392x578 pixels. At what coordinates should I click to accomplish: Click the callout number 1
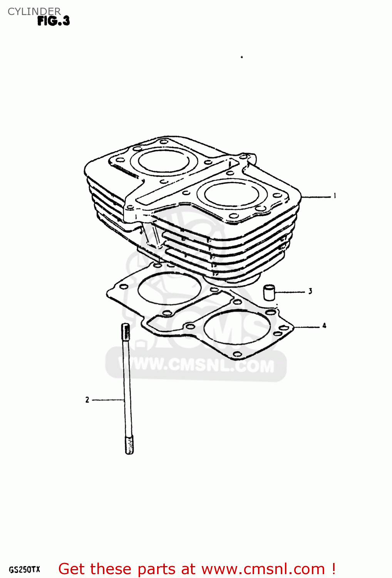tap(335, 196)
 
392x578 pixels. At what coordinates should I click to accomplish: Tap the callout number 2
tap(87, 400)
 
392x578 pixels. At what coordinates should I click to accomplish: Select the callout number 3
tap(310, 291)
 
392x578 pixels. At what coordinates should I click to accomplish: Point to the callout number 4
tap(324, 326)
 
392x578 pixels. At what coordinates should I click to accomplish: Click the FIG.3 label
tap(54, 21)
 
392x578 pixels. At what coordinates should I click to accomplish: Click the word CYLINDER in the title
tap(34, 11)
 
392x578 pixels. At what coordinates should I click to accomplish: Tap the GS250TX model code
tap(24, 570)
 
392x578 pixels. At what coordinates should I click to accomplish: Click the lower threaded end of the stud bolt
tap(129, 445)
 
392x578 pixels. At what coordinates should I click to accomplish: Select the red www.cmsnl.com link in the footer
tap(263, 569)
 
